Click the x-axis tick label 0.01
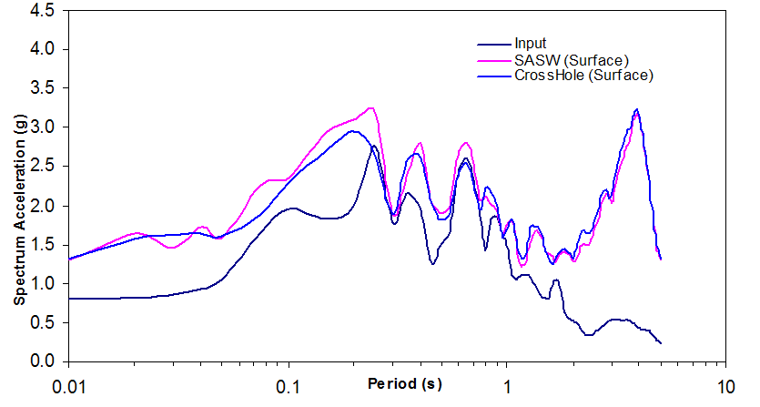tap(70, 385)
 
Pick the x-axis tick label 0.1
tap(289, 385)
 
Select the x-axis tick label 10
tap(725, 385)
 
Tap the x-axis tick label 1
tap(507, 385)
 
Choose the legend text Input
tap(530, 44)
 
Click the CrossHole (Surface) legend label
tap(583, 76)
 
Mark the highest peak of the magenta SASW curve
tap(370, 107)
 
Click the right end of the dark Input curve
tap(661, 343)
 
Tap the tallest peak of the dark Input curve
tap(374, 146)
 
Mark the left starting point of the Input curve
tap(69, 298)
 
